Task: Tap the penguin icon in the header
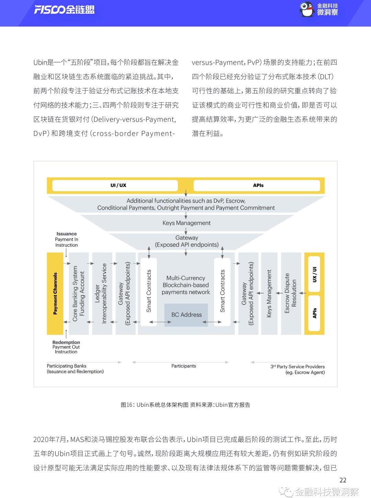coord(307,9)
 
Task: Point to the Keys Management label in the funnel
coord(186,223)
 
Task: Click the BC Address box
coord(186,314)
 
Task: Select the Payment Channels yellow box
coord(55,294)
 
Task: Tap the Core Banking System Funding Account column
coord(79,294)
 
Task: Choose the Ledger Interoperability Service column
coord(102,294)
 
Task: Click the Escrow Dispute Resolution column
coord(290,294)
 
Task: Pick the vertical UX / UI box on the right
coord(314,275)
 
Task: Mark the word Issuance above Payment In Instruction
coord(67,234)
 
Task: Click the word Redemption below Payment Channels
coord(66,342)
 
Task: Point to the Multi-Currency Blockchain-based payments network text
coord(186,285)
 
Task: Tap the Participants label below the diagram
coord(183,366)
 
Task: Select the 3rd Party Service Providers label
coord(297,367)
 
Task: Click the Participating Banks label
coord(67,366)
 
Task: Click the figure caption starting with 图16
coord(185,405)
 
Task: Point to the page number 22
coord(343,480)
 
